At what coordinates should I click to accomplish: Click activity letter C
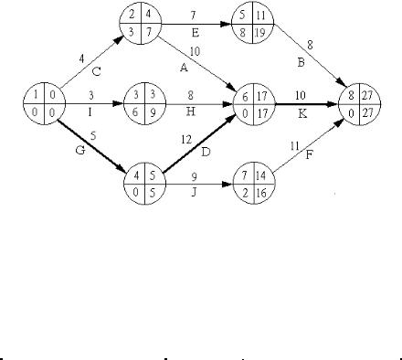(x=96, y=72)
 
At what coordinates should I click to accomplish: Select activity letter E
(x=196, y=32)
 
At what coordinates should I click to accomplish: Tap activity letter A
(x=184, y=68)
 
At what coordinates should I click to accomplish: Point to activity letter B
(x=301, y=63)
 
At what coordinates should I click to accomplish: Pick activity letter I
(x=90, y=112)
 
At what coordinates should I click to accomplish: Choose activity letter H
(x=190, y=112)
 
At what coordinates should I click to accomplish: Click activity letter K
(x=301, y=114)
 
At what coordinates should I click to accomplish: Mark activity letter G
(x=80, y=150)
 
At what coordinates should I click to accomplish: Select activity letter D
(x=206, y=152)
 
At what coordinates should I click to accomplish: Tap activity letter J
(x=194, y=193)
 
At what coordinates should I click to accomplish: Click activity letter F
(x=309, y=155)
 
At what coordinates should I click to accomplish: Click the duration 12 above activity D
(x=186, y=140)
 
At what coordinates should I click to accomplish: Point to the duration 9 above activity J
(x=194, y=177)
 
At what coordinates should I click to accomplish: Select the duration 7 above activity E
(x=193, y=16)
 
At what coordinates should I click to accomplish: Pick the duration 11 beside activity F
(x=294, y=146)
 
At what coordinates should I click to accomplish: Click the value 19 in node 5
(x=260, y=33)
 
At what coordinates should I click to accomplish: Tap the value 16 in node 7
(x=261, y=193)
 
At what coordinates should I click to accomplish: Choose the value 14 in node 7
(x=261, y=176)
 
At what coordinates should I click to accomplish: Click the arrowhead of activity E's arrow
(x=227, y=24)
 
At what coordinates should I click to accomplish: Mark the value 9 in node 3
(x=153, y=113)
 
